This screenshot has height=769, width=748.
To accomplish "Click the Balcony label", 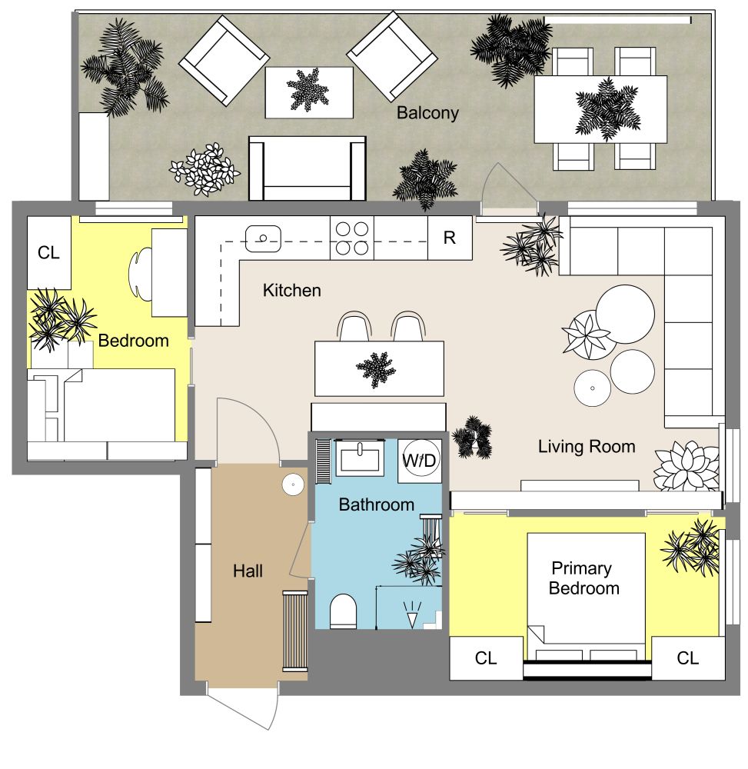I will click(427, 113).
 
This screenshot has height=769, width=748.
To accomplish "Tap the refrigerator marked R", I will click(449, 238).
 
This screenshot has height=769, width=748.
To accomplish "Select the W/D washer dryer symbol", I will click(420, 461).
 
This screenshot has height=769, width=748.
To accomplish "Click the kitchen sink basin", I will click(261, 238).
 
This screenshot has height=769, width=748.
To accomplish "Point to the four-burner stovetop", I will click(352, 238).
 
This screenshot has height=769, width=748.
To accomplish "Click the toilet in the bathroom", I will click(343, 612).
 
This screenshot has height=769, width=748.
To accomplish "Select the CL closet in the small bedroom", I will click(48, 253).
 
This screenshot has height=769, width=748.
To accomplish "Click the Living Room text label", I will click(586, 446).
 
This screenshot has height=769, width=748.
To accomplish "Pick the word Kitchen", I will click(291, 291).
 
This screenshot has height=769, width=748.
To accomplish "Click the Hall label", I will click(248, 571).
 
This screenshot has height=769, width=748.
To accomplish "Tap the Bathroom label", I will click(377, 505).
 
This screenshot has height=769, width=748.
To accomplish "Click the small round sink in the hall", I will click(292, 484).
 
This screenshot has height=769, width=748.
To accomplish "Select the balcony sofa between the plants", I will click(307, 168).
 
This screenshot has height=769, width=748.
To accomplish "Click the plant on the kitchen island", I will click(377, 369).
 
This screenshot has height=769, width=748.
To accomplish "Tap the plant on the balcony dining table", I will click(606, 108).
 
